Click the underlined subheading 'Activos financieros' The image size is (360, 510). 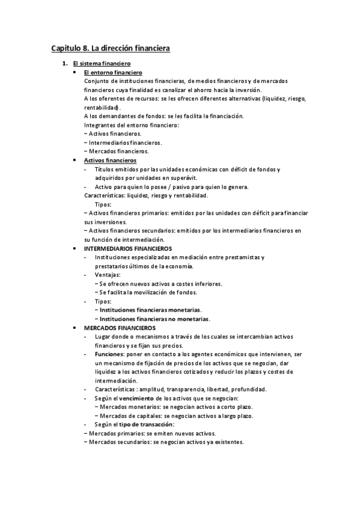[110, 161]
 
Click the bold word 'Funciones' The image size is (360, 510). [109, 354]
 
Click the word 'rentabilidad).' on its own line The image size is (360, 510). [103, 107]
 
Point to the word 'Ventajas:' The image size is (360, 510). [108, 275]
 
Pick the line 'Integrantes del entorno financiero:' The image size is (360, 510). [131, 125]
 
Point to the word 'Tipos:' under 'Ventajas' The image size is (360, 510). [104, 301]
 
